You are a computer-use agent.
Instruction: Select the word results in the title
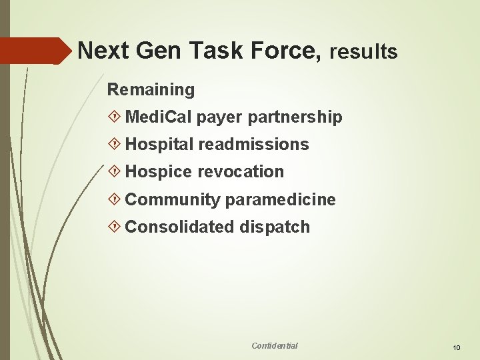click(363, 51)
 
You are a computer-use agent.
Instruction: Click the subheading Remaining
click(151, 89)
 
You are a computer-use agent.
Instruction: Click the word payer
click(220, 118)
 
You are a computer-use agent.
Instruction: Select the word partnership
click(295, 118)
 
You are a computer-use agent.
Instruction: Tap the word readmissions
click(253, 145)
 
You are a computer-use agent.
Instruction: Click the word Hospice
click(159, 172)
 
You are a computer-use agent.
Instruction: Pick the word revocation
click(241, 172)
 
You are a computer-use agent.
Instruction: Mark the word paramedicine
click(281, 200)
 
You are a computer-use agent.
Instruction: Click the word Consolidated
click(179, 227)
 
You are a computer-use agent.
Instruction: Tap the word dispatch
click(273, 227)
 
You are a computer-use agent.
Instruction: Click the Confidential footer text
click(275, 345)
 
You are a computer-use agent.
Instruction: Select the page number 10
click(456, 347)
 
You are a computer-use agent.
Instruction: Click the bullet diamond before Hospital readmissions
click(114, 145)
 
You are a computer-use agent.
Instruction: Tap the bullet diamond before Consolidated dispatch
click(114, 227)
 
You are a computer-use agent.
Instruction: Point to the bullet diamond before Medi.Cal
click(114, 118)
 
